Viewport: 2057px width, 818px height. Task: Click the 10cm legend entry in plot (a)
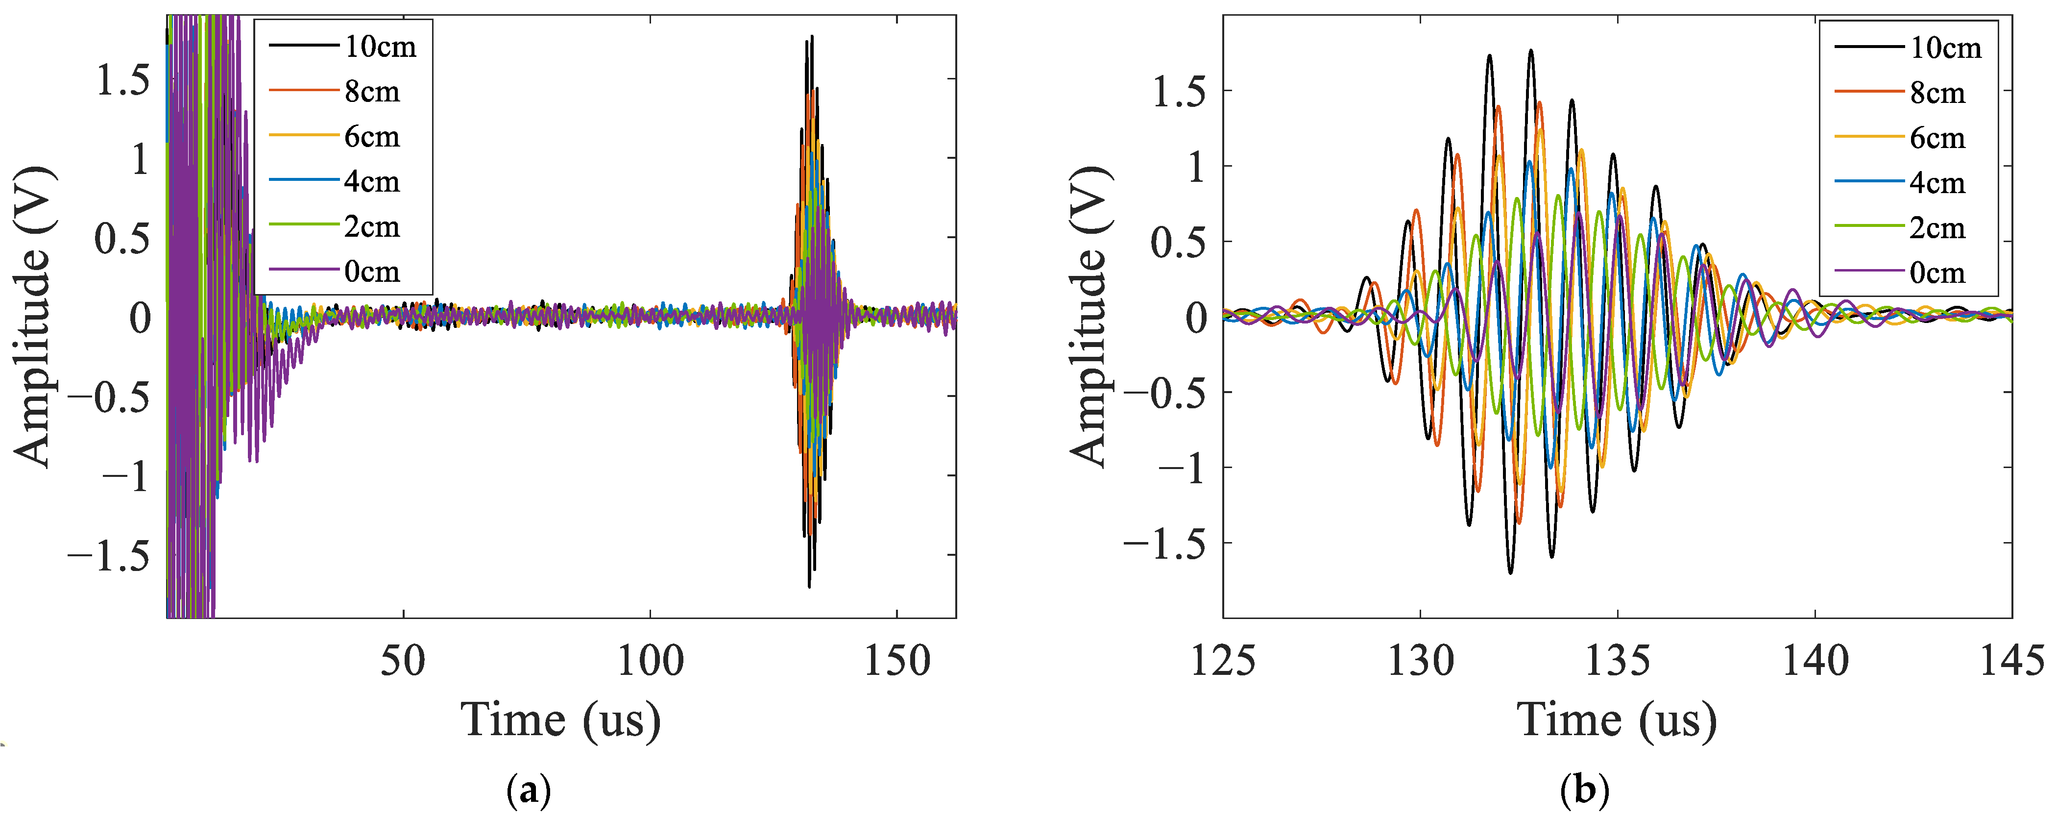tap(343, 47)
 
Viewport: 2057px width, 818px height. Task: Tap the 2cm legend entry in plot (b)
tap(1901, 228)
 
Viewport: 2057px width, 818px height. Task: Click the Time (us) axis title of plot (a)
tap(561, 720)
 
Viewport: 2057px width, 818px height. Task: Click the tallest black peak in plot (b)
tap(1531, 50)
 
